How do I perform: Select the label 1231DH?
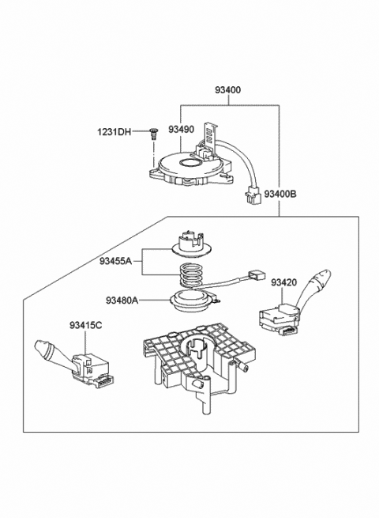pyautogui.click(x=114, y=132)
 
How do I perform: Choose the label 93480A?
pyautogui.click(x=122, y=300)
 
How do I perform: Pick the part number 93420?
pyautogui.click(x=284, y=282)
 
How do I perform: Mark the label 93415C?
pyautogui.click(x=84, y=325)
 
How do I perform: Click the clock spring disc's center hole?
pyautogui.click(x=191, y=164)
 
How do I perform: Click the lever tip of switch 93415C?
pyautogui.click(x=42, y=348)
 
